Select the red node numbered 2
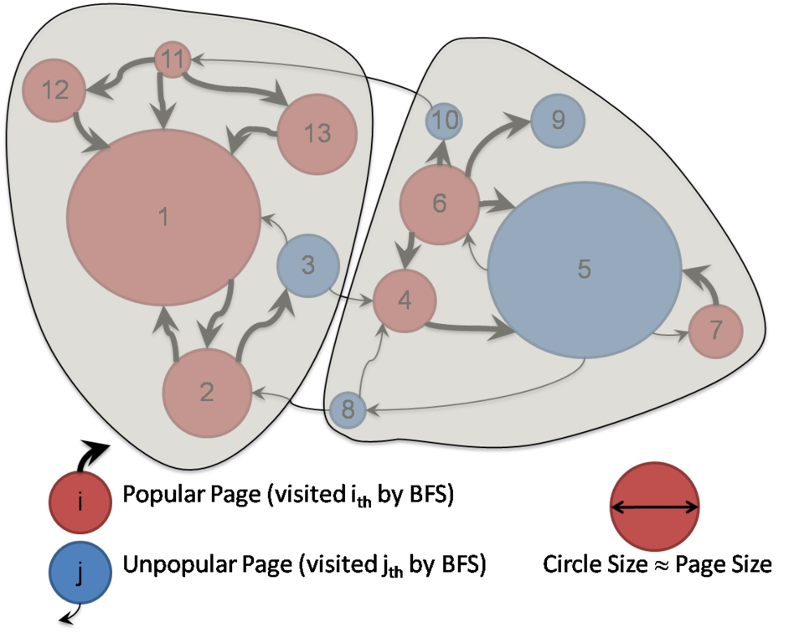click(207, 392)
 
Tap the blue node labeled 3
click(308, 265)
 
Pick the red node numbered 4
click(405, 300)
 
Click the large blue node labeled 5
click(584, 269)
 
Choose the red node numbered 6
click(440, 203)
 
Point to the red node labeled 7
click(715, 330)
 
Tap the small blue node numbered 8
click(348, 410)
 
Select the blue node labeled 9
click(558, 120)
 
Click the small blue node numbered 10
click(445, 121)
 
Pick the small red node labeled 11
click(172, 60)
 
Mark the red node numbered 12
click(54, 90)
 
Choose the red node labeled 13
click(317, 133)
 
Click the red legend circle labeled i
click(80, 502)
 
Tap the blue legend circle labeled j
click(80, 574)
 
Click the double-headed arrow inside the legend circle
click(654, 507)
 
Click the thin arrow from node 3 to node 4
click(352, 294)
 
